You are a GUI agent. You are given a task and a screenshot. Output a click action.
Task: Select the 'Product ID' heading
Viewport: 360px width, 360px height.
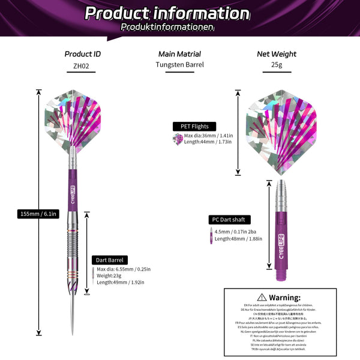click(x=83, y=54)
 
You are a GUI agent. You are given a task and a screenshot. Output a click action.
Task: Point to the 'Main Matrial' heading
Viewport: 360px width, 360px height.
click(x=179, y=54)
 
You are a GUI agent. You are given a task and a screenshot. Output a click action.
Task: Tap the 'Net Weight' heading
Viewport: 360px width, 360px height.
click(x=276, y=54)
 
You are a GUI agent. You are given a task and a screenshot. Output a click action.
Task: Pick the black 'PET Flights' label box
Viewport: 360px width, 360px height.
click(x=190, y=126)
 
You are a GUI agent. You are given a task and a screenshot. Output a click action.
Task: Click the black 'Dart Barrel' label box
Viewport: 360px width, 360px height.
click(x=109, y=260)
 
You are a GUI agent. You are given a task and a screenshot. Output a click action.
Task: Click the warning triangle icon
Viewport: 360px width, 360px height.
click(x=262, y=297)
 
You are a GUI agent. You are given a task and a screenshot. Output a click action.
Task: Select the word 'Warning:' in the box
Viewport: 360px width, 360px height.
click(x=284, y=297)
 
